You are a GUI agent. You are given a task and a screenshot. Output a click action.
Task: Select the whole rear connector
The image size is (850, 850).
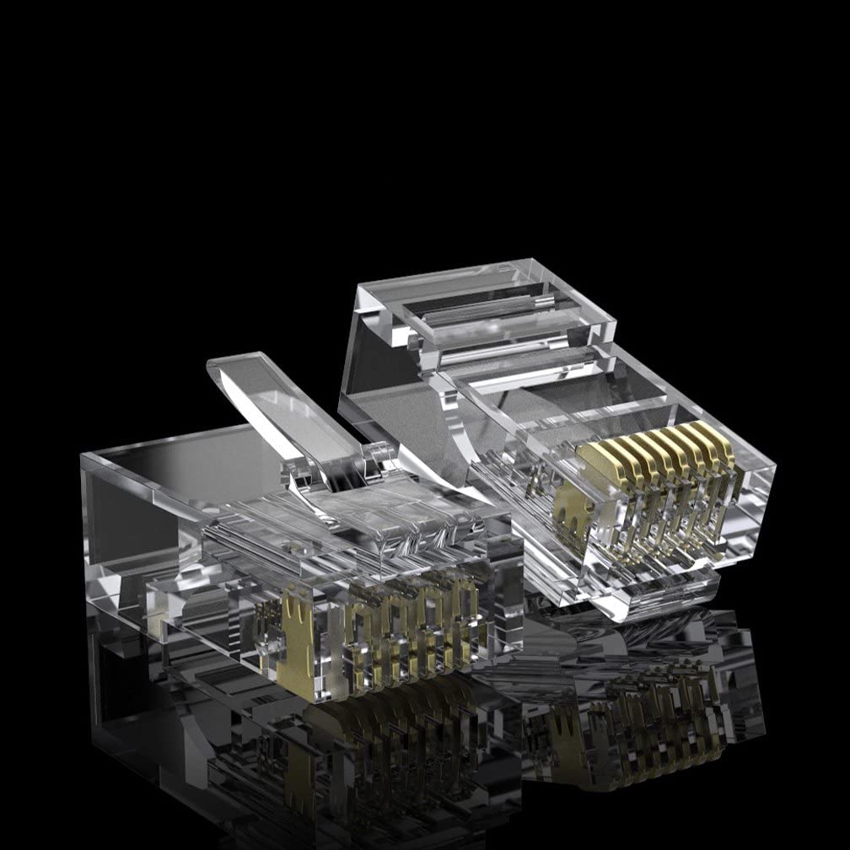557,438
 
